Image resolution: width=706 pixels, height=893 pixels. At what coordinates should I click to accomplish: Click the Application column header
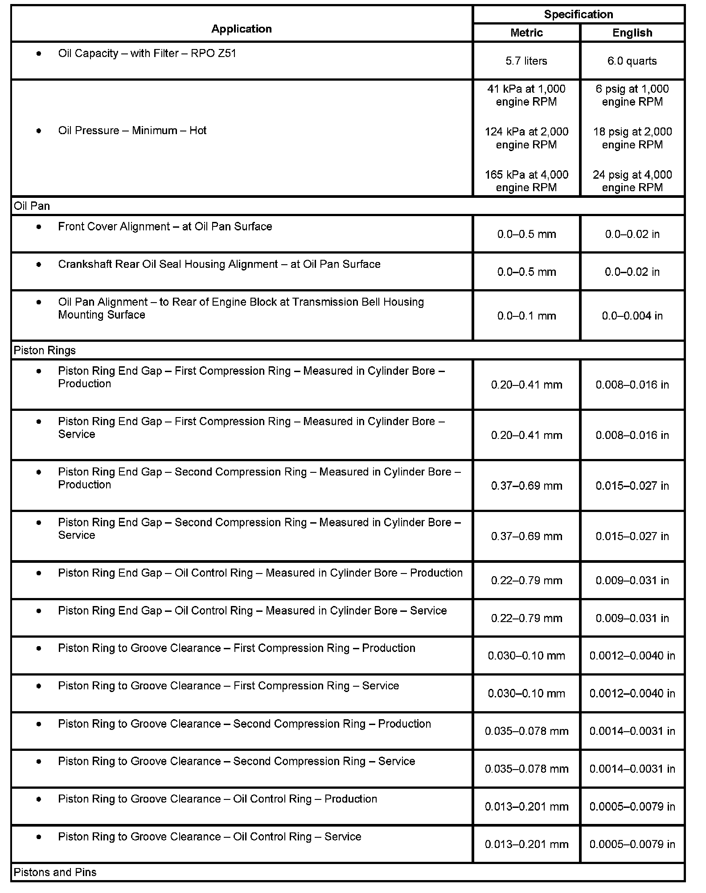241,29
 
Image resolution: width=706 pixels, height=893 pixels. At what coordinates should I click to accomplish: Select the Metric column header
526,33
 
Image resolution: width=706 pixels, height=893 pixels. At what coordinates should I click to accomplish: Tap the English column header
632,33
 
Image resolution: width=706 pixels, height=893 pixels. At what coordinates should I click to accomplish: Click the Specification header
578,14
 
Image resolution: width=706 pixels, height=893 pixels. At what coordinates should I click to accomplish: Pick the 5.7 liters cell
526,61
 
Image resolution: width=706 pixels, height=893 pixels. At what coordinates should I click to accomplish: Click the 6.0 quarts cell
632,61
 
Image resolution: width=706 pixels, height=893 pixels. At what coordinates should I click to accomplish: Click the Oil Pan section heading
32,206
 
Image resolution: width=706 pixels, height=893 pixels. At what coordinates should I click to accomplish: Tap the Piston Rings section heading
45,351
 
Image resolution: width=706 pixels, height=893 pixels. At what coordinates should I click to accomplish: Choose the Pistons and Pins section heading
55,872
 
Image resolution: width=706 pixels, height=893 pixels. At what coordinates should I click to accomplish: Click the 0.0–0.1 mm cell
526,316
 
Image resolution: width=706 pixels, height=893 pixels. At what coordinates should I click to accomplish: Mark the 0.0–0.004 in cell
632,316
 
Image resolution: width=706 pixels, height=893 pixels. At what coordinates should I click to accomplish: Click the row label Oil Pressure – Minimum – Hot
132,131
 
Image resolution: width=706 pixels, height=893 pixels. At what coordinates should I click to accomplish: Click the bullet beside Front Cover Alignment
39,227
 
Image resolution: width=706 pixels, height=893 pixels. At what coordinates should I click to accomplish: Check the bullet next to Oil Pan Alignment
39,302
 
